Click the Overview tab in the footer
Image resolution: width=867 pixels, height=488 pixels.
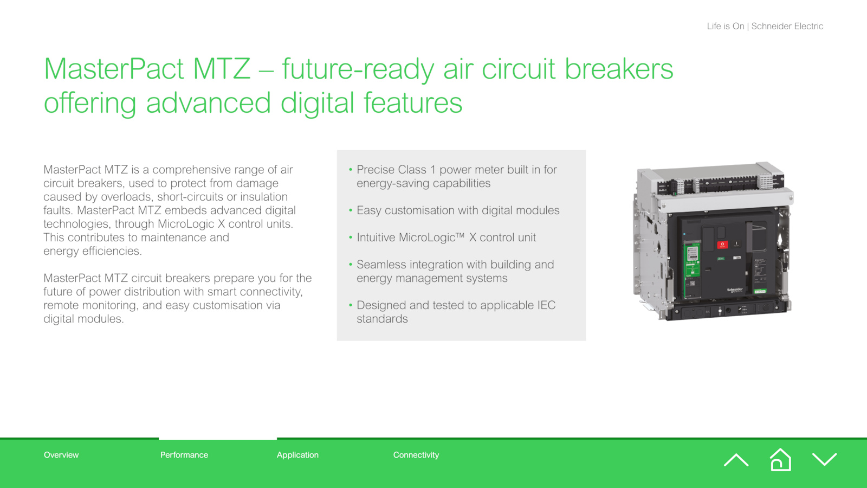click(x=61, y=455)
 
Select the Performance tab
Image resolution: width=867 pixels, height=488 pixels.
click(x=184, y=455)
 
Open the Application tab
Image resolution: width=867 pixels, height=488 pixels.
click(x=297, y=455)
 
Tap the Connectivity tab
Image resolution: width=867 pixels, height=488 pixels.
click(x=416, y=455)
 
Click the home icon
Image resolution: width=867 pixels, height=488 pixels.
click(x=780, y=460)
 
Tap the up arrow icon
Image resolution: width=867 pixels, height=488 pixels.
click(x=736, y=460)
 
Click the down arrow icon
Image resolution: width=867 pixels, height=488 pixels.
click(x=824, y=459)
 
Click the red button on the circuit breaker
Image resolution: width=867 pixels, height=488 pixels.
click(x=722, y=245)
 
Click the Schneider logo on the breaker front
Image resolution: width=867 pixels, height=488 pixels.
click(x=735, y=290)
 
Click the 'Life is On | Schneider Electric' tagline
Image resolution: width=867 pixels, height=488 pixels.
click(x=765, y=26)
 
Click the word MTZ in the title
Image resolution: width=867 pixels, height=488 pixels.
click(x=222, y=68)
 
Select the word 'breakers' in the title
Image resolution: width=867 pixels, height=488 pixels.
click(x=619, y=68)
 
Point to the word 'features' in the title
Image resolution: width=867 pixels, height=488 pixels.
click(x=413, y=102)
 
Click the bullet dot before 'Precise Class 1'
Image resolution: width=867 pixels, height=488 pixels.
click(x=351, y=169)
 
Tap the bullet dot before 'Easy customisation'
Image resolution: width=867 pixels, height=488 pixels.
click(x=351, y=210)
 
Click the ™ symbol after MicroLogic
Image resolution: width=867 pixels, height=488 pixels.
click(x=460, y=235)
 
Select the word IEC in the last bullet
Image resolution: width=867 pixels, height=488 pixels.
click(x=546, y=305)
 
